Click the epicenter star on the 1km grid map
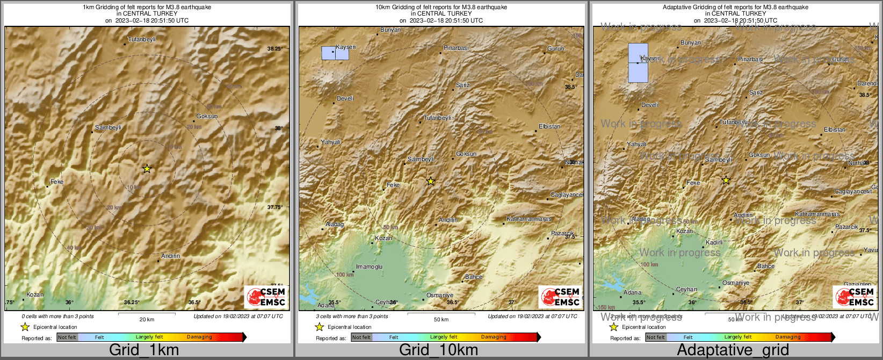(x=147, y=169)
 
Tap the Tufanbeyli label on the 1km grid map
(x=142, y=40)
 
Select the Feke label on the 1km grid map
(x=57, y=182)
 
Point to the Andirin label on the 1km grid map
(x=170, y=256)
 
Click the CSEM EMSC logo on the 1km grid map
(x=266, y=297)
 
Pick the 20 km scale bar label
(x=147, y=319)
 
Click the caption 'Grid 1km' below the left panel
(x=143, y=350)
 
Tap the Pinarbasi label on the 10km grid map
(x=456, y=48)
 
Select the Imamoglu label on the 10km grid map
(x=370, y=267)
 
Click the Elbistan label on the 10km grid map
(x=549, y=127)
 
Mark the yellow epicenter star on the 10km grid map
(x=431, y=181)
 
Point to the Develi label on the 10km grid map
(x=345, y=99)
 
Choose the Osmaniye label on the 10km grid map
(x=440, y=296)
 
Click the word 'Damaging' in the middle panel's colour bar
(x=494, y=337)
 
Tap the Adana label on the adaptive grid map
(x=632, y=293)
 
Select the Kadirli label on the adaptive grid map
(x=714, y=243)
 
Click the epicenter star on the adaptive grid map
(x=726, y=180)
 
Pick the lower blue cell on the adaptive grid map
(x=638, y=73)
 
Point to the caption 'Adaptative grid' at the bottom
(x=733, y=350)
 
